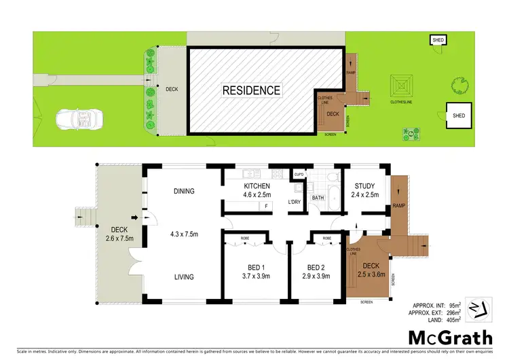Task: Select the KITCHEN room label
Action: pos(257,186)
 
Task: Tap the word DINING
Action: pos(183,191)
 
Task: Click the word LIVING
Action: pos(183,276)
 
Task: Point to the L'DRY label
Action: pos(294,202)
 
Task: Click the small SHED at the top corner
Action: pos(438,41)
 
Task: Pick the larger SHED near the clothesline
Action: pos(459,115)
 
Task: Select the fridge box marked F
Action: pos(267,205)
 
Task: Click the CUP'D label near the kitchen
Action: pos(299,176)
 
